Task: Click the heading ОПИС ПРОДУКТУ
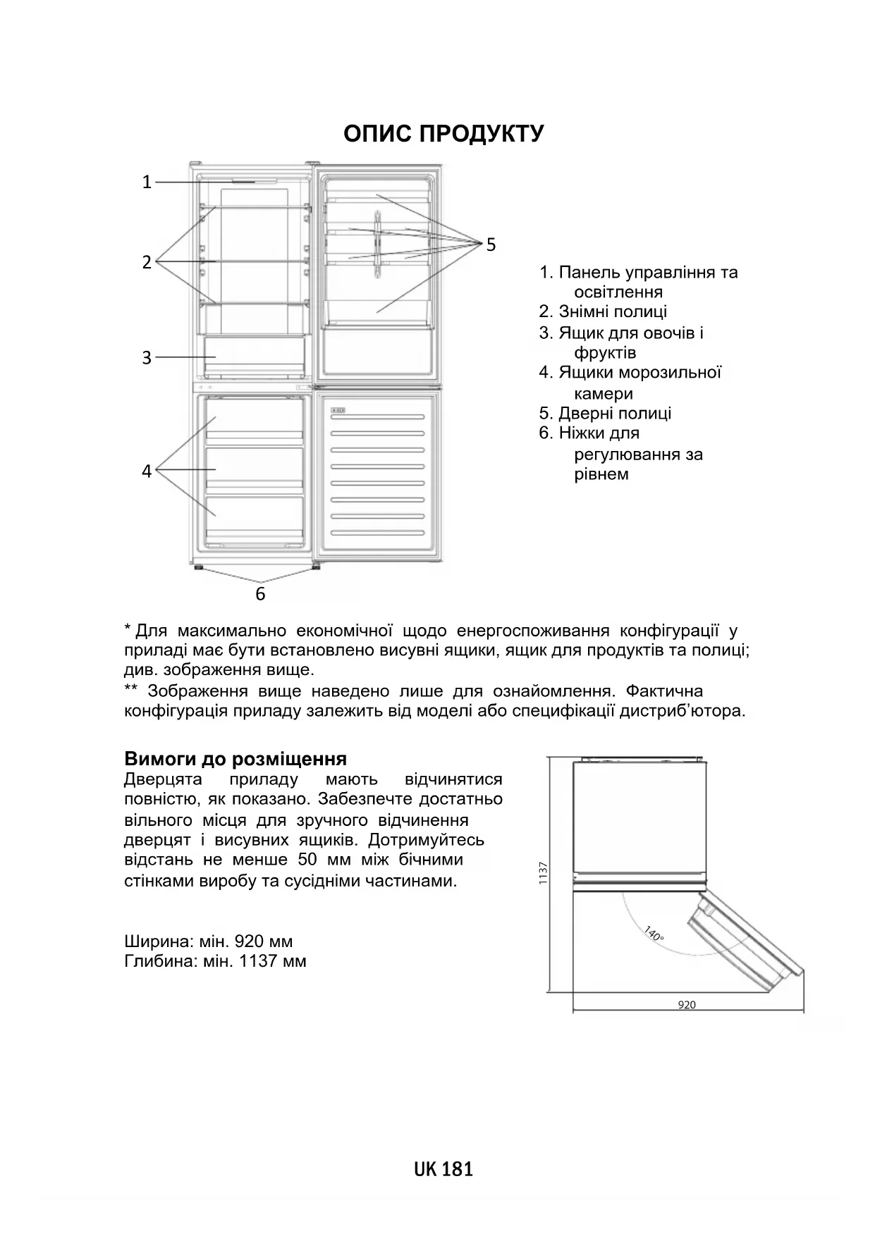(443, 134)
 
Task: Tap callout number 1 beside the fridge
(147, 183)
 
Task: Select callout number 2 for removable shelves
(147, 262)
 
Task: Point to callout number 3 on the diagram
(147, 358)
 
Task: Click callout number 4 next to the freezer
(147, 471)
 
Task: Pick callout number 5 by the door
(491, 245)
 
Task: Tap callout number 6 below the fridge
(260, 594)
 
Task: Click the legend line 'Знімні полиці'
(604, 311)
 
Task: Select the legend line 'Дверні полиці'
(606, 413)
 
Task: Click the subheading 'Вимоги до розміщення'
(235, 759)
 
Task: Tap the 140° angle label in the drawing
(654, 934)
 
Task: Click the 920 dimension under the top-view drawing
(686, 1005)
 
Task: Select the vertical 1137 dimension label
(543, 874)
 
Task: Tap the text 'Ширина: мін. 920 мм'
(208, 941)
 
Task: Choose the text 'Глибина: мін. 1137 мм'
(215, 961)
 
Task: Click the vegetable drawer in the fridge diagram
(255, 357)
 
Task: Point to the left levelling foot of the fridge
(199, 567)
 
